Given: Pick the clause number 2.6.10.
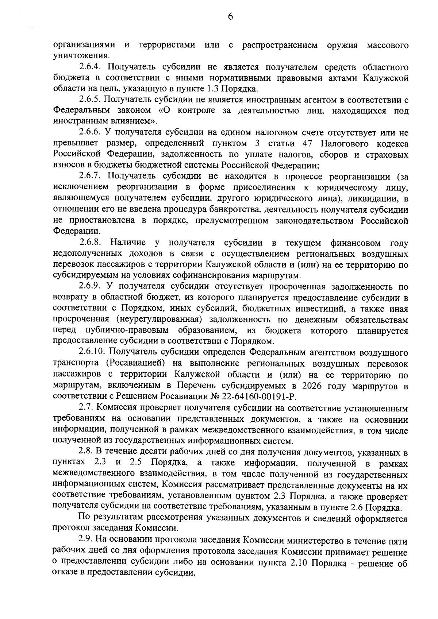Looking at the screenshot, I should coord(93,352).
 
